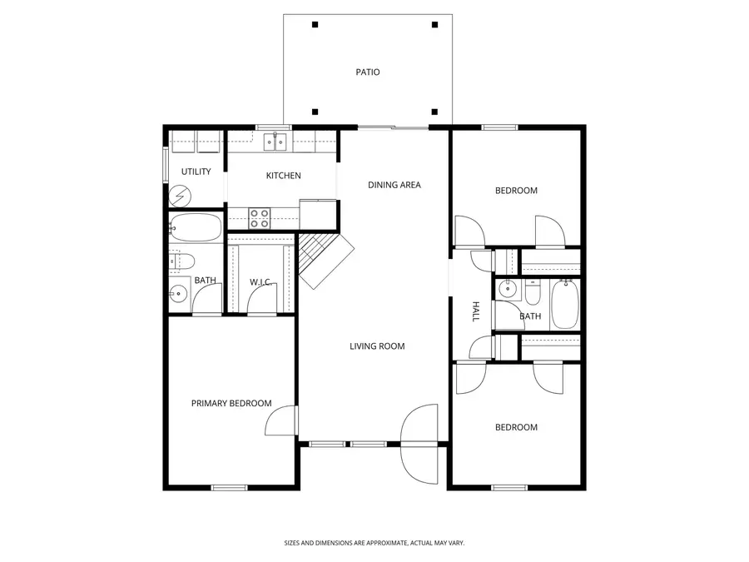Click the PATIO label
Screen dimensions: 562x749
point(367,72)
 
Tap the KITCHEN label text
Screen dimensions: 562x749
point(283,176)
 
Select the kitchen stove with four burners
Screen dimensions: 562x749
point(260,218)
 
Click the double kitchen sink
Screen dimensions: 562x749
point(275,142)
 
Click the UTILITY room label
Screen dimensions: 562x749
point(196,172)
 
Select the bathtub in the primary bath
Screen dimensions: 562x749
point(196,226)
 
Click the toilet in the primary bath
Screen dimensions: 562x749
point(181,260)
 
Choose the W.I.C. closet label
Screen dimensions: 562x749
point(261,282)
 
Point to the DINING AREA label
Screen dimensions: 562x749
point(394,185)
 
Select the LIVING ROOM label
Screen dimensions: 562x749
point(377,346)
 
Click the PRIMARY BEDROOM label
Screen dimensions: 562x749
point(231,404)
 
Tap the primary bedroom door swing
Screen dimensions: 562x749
point(281,421)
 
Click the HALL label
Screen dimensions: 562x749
point(476,312)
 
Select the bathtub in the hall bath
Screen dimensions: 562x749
point(564,305)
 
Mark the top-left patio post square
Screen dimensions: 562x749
point(315,25)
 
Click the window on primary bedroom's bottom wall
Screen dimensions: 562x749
point(229,487)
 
